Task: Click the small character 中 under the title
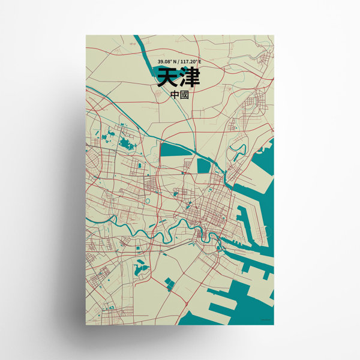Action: click(x=174, y=95)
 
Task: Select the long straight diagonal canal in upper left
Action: click(x=114, y=111)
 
